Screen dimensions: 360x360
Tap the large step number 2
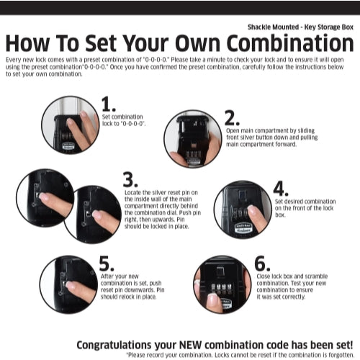pos(232,118)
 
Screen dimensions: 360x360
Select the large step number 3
pos(130,179)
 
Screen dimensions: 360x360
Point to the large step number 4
pos(281,189)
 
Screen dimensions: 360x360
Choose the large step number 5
pos(107,264)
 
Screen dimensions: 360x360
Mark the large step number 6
pos(262,264)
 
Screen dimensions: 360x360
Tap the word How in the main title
pos(27,43)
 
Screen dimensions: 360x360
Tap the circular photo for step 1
pos(71,125)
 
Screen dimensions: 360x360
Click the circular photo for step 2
pos(193,139)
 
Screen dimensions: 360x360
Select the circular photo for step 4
pos(243,210)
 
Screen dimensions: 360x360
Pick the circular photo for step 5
pos(68,284)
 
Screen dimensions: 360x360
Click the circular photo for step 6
pos(222,284)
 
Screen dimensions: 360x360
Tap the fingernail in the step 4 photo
pos(251,210)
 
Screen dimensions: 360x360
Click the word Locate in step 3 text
pos(132,192)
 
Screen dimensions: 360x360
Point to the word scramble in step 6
pos(316,276)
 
